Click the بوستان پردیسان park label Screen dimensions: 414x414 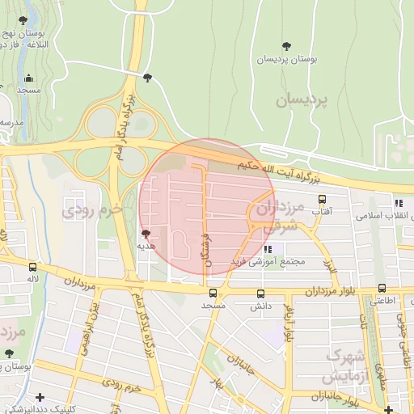287,60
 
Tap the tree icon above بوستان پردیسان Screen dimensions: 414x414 286,46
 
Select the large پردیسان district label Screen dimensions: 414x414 303,100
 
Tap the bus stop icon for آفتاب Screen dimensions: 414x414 322,199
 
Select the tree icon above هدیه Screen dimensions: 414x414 146,233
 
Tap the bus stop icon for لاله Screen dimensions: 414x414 32,267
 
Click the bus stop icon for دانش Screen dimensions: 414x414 260,294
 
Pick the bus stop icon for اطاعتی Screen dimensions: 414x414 382,288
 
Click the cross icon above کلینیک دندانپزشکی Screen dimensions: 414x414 40,396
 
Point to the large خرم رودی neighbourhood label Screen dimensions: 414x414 91,210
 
